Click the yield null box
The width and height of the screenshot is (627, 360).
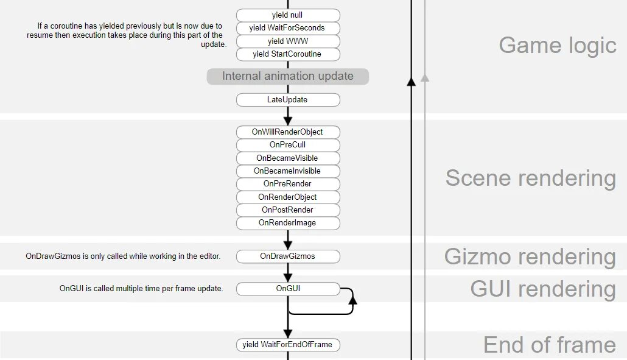(287, 15)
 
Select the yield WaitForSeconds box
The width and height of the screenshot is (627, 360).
(287, 28)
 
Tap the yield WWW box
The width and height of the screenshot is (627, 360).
(287, 41)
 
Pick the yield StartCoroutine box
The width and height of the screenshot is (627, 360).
(287, 54)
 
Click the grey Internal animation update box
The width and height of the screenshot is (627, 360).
(288, 76)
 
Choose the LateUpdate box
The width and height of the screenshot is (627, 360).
(287, 100)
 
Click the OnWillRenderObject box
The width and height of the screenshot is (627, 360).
(287, 132)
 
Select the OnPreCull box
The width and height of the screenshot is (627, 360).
(287, 145)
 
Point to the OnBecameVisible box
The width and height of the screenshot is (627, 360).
(287, 158)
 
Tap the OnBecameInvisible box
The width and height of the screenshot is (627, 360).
(287, 171)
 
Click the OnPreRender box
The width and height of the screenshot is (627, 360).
(287, 184)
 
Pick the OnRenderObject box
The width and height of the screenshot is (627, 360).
(287, 197)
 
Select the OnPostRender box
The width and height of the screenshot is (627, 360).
(287, 210)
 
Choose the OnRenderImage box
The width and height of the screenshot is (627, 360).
(287, 223)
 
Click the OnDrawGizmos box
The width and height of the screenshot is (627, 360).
(287, 256)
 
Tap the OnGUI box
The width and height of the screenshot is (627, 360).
(287, 289)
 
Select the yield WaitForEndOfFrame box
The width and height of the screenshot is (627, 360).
(287, 345)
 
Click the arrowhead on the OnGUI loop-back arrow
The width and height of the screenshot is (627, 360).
(352, 299)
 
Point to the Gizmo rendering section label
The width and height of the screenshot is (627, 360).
(530, 256)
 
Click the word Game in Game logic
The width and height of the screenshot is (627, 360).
(526, 45)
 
